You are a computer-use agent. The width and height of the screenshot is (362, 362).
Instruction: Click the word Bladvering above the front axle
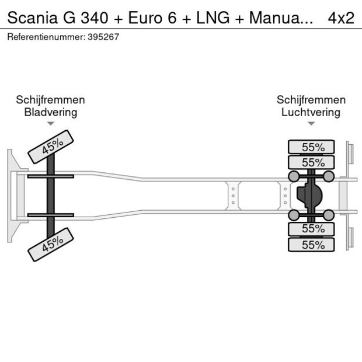(50, 112)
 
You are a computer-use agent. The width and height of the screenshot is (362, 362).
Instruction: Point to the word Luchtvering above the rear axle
(311, 112)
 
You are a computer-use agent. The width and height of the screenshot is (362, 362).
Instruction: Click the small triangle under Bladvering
(51, 123)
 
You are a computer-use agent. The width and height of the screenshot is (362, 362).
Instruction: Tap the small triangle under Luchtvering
(311, 123)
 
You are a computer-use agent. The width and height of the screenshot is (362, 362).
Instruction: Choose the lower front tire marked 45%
(52, 244)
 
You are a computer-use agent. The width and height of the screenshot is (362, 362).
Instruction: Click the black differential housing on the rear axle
(308, 196)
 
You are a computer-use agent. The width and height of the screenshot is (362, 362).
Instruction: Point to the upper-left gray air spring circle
(294, 176)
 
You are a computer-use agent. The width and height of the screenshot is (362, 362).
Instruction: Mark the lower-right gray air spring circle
(329, 215)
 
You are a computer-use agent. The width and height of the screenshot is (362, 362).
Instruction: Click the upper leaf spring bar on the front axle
(51, 176)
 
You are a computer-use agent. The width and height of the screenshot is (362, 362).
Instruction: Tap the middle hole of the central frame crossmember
(233, 196)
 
